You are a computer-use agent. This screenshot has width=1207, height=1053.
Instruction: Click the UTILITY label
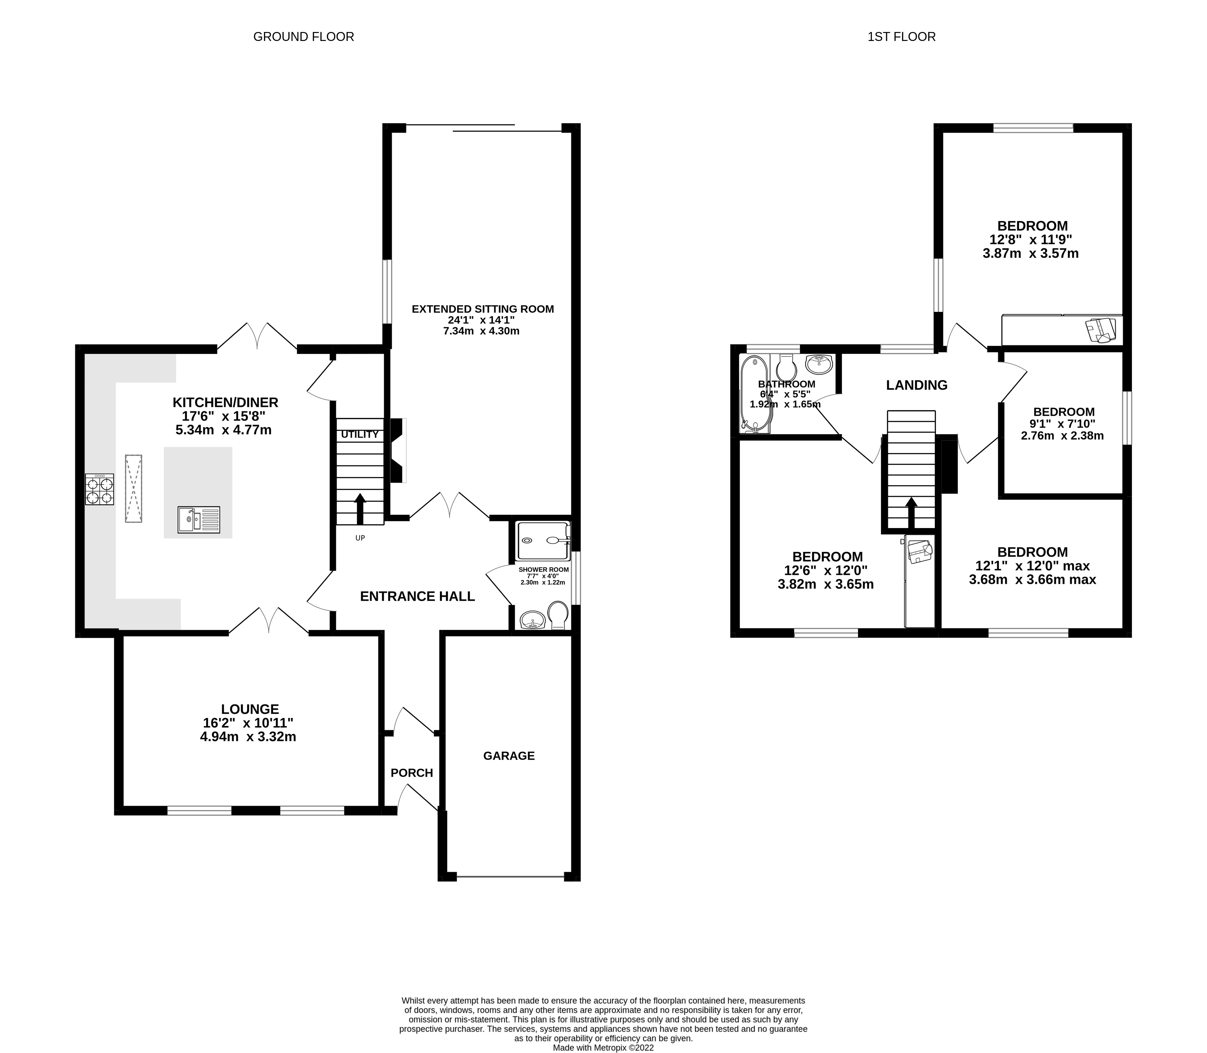(359, 434)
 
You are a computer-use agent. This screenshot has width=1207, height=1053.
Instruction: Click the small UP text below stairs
(360, 538)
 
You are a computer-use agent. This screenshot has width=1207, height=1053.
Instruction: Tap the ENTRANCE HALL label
(417, 597)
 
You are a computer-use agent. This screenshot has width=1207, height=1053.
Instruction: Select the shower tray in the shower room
(543, 540)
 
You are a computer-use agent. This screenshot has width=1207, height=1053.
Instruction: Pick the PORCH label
(412, 773)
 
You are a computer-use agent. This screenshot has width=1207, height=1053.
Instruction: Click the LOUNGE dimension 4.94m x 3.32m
(248, 737)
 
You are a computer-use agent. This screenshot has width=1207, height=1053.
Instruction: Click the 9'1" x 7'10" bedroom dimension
(1064, 424)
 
